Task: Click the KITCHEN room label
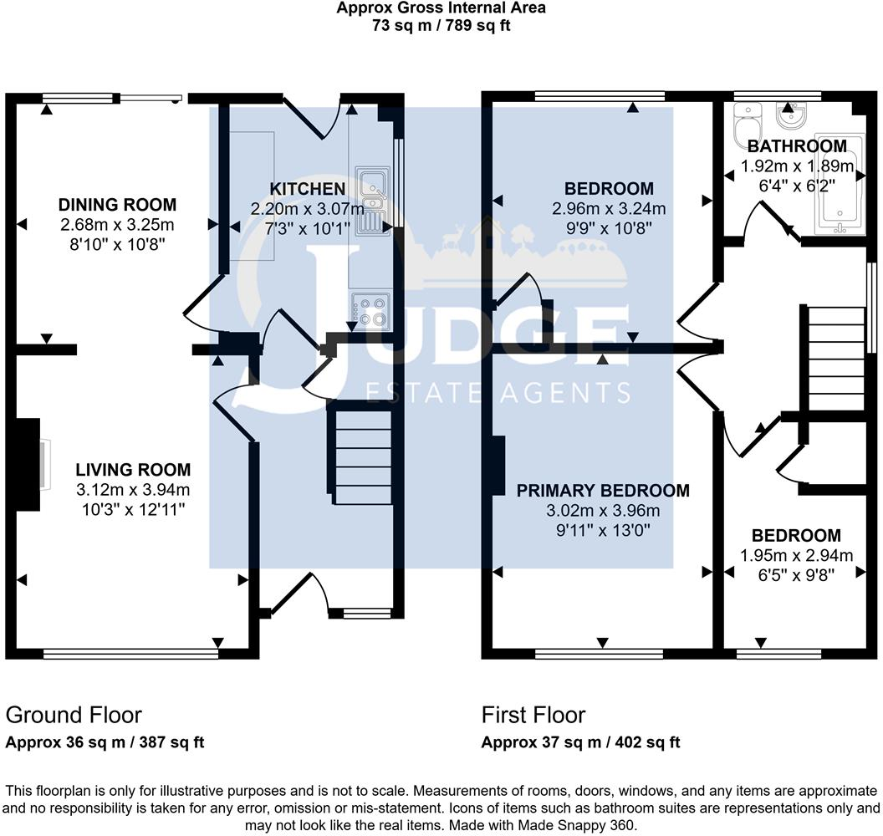coord(307,189)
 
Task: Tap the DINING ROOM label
coord(118,204)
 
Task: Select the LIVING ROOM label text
coord(134,470)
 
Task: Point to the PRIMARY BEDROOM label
coord(603,491)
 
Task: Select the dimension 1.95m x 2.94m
coord(796,555)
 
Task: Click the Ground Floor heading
coord(74,715)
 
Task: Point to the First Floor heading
coord(533,715)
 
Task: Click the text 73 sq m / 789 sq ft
coord(441,25)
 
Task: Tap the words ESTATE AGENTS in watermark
coord(499,392)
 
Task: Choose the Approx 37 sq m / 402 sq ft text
coord(581,742)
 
